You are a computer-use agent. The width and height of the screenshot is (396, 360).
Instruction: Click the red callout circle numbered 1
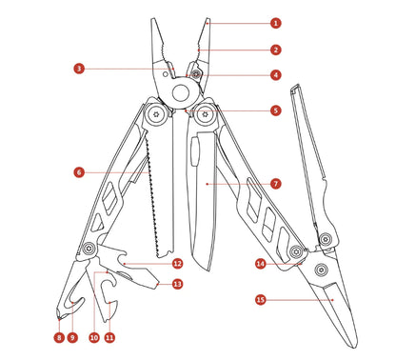(x=275, y=22)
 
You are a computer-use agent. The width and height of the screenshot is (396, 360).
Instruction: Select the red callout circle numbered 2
(x=275, y=49)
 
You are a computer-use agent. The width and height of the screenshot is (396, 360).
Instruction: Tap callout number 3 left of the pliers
(x=79, y=68)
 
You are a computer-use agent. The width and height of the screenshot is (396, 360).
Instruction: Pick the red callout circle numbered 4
(x=275, y=74)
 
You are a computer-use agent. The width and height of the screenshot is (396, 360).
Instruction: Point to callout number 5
(x=275, y=110)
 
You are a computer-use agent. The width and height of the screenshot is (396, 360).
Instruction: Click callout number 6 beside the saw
(x=79, y=172)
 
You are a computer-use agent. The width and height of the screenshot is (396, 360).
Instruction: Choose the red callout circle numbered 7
(x=275, y=183)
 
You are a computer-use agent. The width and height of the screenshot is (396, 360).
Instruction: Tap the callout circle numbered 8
(x=58, y=337)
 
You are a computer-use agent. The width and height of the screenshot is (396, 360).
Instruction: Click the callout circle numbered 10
(x=93, y=337)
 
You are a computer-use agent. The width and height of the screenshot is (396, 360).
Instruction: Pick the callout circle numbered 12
(x=177, y=263)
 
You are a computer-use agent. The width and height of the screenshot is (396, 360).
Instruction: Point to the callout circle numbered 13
(x=177, y=284)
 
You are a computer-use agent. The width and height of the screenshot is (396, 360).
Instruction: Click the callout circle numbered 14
(x=260, y=263)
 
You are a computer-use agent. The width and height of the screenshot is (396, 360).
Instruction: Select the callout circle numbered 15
(x=260, y=298)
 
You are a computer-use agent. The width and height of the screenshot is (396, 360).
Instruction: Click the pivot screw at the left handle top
(x=151, y=118)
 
